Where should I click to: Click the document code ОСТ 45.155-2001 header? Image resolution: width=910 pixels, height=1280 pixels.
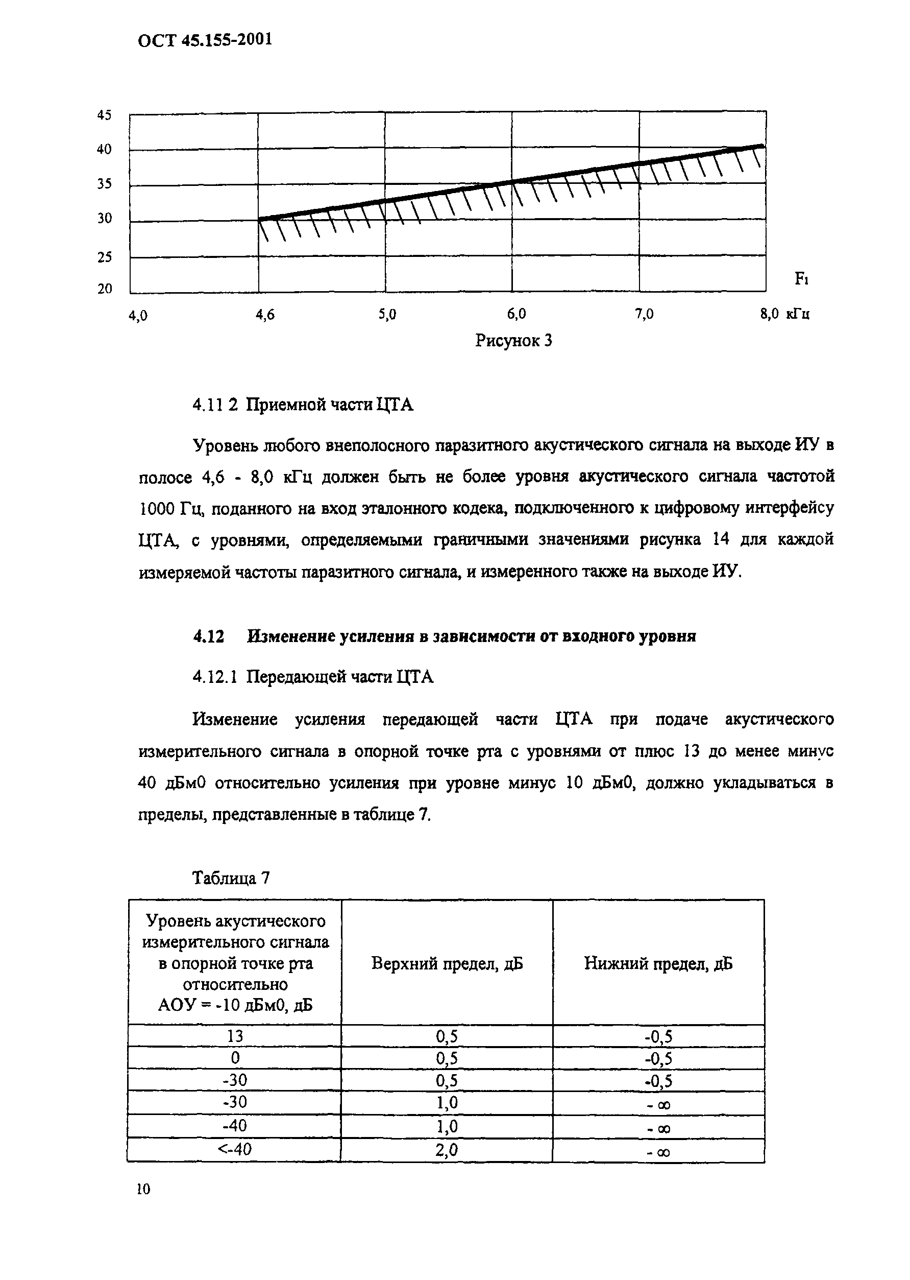[205, 40]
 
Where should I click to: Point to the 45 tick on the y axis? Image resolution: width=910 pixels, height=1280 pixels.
[104, 115]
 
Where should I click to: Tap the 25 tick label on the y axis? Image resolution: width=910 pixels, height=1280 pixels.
[104, 257]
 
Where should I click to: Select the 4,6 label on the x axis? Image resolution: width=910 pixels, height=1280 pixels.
[265, 315]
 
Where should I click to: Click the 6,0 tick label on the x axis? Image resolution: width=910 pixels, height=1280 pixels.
[516, 315]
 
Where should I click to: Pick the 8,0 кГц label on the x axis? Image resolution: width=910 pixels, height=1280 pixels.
[784, 315]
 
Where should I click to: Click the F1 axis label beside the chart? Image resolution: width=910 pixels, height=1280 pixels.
[801, 279]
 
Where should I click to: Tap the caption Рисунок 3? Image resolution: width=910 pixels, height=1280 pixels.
[513, 340]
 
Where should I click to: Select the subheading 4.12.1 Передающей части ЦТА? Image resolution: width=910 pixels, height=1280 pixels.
[313, 677]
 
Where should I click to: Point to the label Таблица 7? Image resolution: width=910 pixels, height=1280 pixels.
[231, 878]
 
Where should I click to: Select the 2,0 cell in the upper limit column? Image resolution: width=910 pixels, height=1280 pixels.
[447, 1150]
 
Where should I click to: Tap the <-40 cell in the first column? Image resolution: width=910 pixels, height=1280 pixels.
[235, 1150]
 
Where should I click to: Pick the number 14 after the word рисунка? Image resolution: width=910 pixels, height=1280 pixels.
[720, 539]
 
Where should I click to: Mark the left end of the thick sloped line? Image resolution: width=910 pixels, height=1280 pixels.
[259, 219]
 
